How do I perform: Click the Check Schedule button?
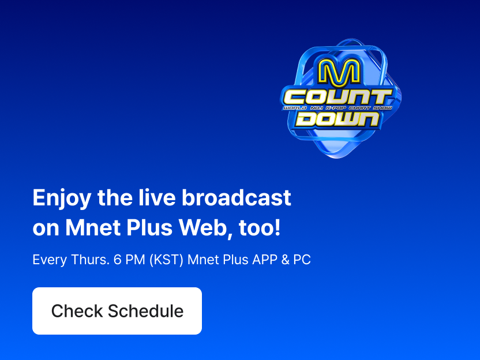point(117,311)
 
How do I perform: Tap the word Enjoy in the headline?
point(62,198)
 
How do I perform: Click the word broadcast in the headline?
point(237,197)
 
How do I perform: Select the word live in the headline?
point(157,197)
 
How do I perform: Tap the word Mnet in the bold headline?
point(93,228)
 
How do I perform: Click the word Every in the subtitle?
point(50,260)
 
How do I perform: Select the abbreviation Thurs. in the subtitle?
point(91,260)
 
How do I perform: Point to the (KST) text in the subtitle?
point(166,260)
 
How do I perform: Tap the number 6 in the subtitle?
point(118,260)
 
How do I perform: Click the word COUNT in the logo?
point(337,97)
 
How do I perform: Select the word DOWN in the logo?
point(337,119)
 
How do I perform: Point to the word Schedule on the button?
point(146,311)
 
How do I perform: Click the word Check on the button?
point(77,311)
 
